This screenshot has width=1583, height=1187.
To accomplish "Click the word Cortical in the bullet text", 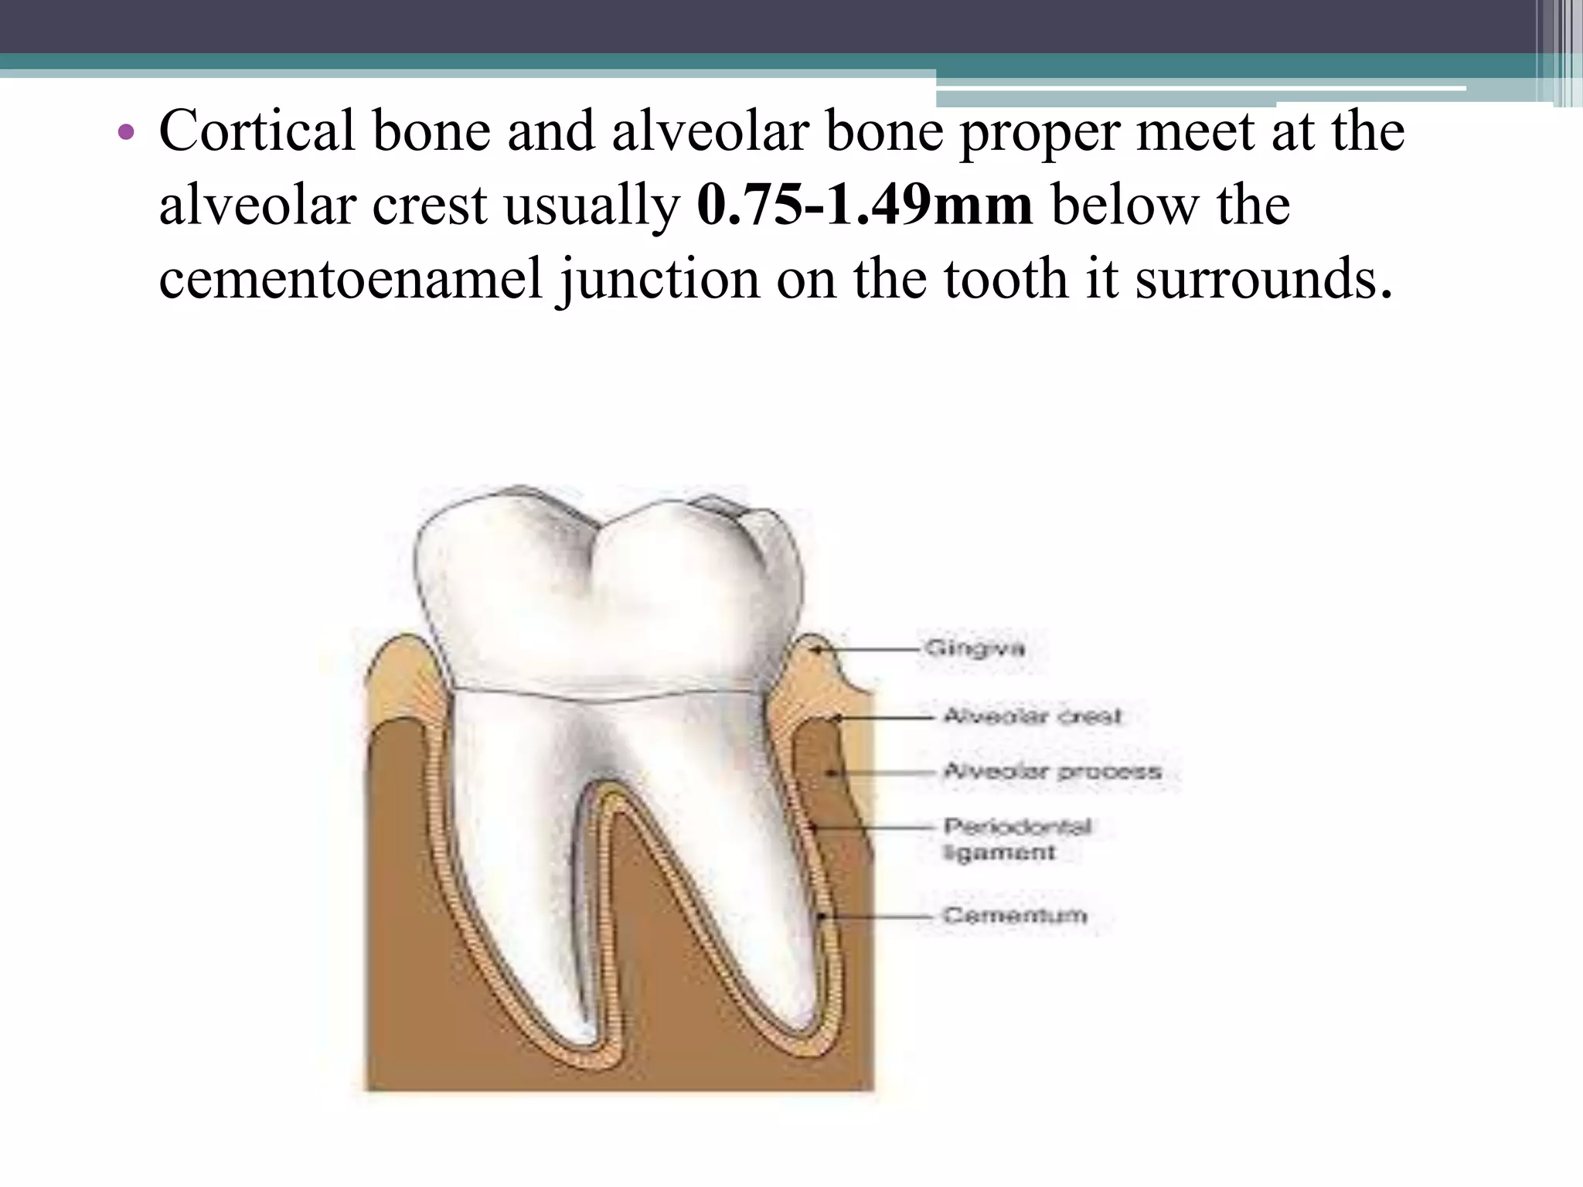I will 257,131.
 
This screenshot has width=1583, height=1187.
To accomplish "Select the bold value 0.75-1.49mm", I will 864,206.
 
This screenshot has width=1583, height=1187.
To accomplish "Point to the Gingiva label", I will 975,648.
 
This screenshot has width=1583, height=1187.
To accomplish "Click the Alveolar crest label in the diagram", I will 1032,716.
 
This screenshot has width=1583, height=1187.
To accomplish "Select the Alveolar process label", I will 1052,771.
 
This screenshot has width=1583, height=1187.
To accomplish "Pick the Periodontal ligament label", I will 1017,839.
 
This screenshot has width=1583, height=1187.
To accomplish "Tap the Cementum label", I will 1015,916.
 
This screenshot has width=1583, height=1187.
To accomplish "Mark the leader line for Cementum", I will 881,917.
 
